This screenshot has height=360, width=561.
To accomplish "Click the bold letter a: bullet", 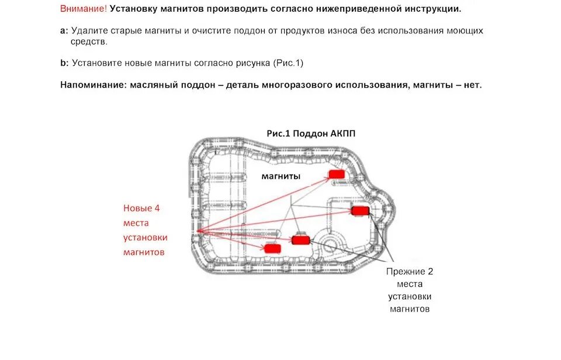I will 64,30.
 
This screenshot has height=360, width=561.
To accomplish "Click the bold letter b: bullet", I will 64,63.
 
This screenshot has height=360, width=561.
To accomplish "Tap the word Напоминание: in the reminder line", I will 91,85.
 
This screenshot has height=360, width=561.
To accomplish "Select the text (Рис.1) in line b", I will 288,63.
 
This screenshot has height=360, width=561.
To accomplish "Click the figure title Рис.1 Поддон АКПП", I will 311,133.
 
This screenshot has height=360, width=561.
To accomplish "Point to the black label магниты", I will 281,176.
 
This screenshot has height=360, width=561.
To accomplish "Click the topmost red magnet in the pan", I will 336,174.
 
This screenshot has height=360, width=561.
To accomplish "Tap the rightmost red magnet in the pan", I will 359,210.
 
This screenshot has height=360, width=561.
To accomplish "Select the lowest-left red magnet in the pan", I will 272,248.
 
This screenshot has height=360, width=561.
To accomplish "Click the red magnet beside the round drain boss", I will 300,240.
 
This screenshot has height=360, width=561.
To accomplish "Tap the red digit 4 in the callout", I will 157,207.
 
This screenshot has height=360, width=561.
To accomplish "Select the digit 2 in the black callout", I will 430,272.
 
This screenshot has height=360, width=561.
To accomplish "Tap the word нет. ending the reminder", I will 473,85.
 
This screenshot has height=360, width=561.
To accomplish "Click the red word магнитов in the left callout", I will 144,252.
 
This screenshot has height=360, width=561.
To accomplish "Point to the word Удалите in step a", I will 87,30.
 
